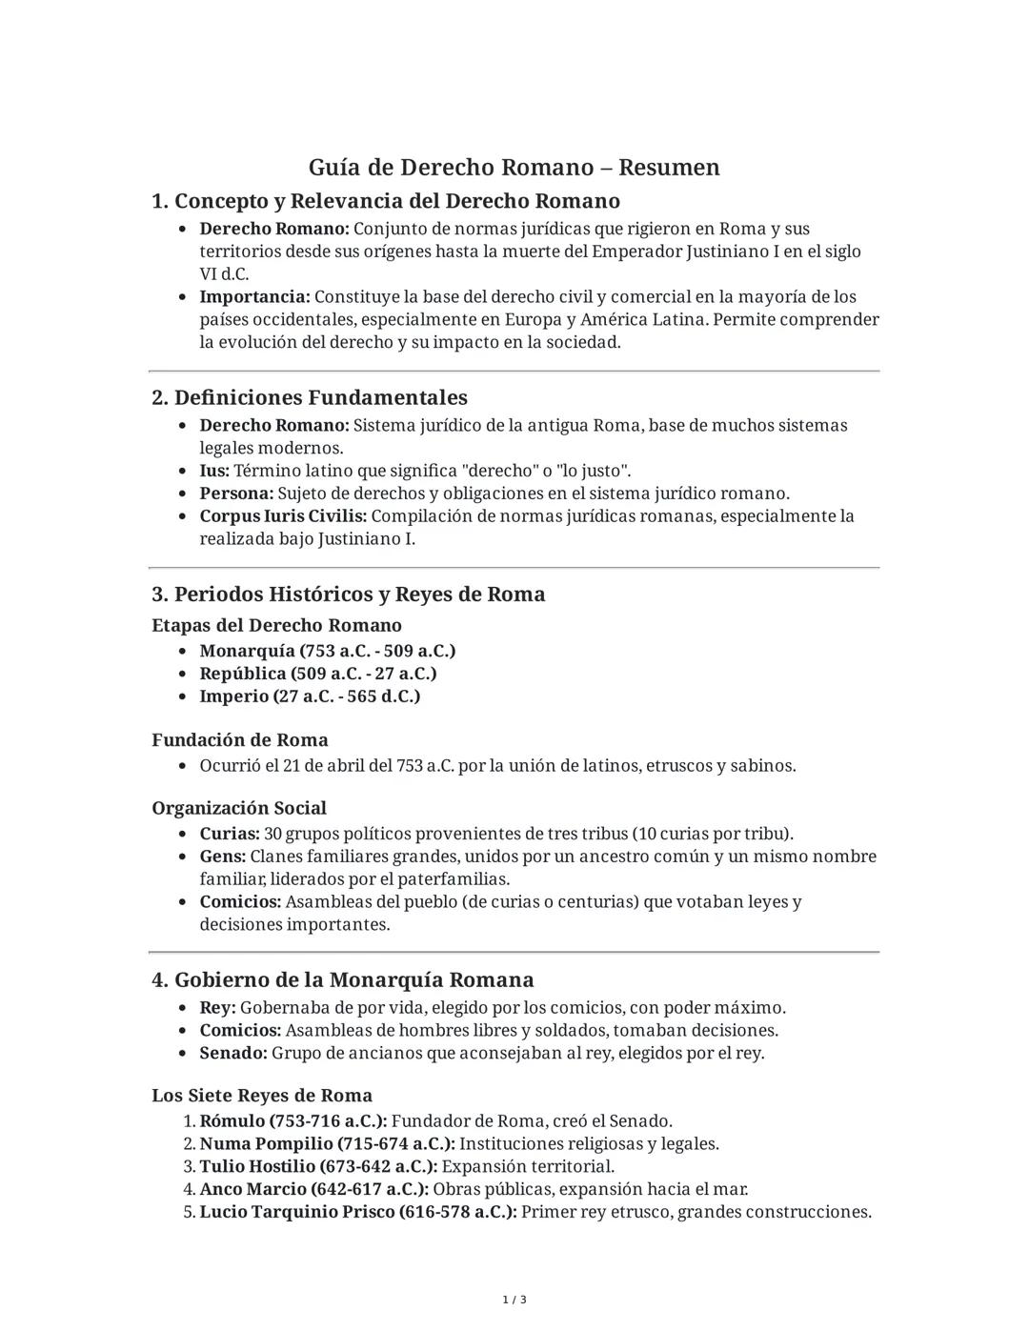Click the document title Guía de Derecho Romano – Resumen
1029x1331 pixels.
(x=514, y=168)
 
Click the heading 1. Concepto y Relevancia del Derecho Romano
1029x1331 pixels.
(x=386, y=201)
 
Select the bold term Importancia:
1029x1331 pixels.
(x=254, y=297)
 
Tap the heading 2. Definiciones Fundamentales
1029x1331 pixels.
(x=310, y=397)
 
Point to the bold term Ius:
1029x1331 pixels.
(x=214, y=471)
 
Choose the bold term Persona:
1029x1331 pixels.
(x=236, y=494)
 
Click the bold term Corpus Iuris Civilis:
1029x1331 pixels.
(x=283, y=516)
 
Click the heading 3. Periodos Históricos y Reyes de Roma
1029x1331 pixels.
(x=349, y=595)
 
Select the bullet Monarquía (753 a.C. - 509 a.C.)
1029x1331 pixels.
(x=327, y=651)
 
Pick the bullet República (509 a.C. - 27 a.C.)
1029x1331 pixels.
(x=317, y=674)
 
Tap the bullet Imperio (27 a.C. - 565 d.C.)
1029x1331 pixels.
(x=310, y=696)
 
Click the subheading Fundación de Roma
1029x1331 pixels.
(x=240, y=740)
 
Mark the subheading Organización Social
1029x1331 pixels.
(x=239, y=809)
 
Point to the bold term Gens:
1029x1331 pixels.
(x=222, y=857)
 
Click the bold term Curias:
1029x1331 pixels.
(x=230, y=834)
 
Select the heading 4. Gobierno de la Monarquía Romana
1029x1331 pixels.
(x=343, y=980)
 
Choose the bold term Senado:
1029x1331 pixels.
(x=233, y=1053)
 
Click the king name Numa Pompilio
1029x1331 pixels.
(x=252, y=1144)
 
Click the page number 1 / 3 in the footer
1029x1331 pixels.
(x=514, y=1300)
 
